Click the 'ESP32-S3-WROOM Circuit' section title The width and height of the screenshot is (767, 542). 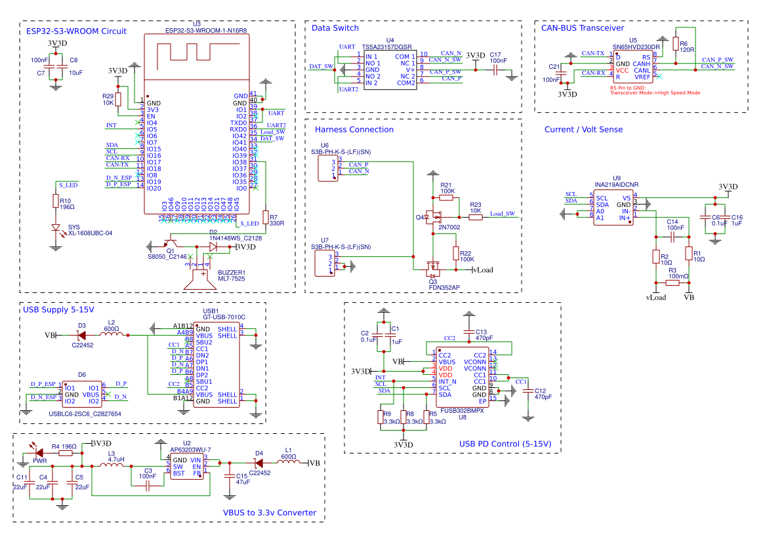click(x=76, y=31)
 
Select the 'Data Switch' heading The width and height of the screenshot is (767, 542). click(x=335, y=28)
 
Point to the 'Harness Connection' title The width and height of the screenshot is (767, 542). click(x=354, y=130)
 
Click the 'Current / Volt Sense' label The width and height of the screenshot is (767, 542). click(x=583, y=130)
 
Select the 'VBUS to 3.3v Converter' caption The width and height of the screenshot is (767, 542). click(x=270, y=513)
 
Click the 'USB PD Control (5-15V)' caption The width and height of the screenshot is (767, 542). click(x=505, y=444)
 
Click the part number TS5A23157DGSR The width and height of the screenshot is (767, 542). click(x=387, y=48)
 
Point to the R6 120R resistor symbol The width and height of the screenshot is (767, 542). click(x=675, y=43)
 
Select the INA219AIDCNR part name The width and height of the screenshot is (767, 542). click(x=616, y=185)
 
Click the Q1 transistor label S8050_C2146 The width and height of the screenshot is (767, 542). click(x=167, y=257)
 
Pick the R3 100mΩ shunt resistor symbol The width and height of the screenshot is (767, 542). click(x=673, y=283)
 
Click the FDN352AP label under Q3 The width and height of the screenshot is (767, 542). click(x=444, y=287)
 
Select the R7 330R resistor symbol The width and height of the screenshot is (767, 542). click(x=265, y=217)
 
